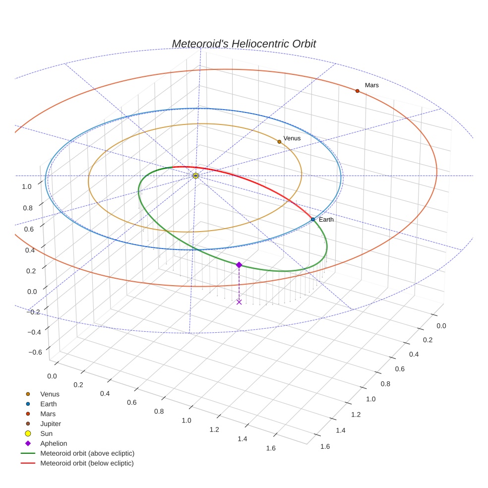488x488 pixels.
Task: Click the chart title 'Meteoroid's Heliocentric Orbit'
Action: pyautogui.click(x=244, y=44)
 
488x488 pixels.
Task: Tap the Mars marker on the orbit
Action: pyautogui.click(x=357, y=91)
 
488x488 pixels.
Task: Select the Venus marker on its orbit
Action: pyautogui.click(x=279, y=142)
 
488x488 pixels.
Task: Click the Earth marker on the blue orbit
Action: pyautogui.click(x=312, y=219)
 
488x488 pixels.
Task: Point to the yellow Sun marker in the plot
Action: pyautogui.click(x=196, y=176)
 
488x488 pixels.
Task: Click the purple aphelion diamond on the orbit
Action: pyautogui.click(x=239, y=265)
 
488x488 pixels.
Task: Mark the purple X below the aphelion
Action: pyautogui.click(x=239, y=302)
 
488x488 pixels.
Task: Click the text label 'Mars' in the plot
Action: pyautogui.click(x=371, y=85)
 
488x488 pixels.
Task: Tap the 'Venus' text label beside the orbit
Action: pyautogui.click(x=292, y=138)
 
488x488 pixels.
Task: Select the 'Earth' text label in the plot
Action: pyautogui.click(x=326, y=219)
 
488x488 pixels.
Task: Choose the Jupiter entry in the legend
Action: pyautogui.click(x=50, y=424)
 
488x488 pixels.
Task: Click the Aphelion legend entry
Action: pyautogui.click(x=54, y=443)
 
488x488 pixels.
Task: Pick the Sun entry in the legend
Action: pyautogui.click(x=46, y=433)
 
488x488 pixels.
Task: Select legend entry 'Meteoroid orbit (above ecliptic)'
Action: pyautogui.click(x=87, y=453)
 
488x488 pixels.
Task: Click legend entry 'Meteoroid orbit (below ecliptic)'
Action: pyautogui.click(x=87, y=463)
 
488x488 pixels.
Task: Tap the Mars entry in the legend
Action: pyautogui.click(x=48, y=414)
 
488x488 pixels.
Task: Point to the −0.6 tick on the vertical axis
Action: pyautogui.click(x=35, y=352)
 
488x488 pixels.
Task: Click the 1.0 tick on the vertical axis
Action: pyautogui.click(x=27, y=186)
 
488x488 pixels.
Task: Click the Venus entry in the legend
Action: pyautogui.click(x=50, y=394)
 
